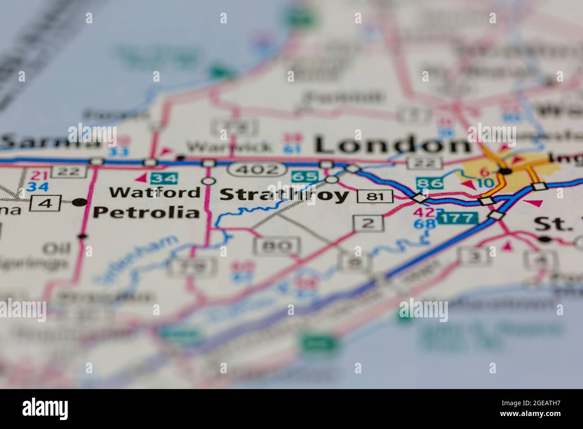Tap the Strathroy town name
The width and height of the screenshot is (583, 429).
click(284, 195)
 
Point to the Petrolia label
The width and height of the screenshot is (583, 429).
click(146, 212)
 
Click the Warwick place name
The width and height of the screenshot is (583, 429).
click(229, 146)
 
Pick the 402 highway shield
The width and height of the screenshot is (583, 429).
click(256, 170)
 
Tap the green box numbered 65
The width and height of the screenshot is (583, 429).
click(305, 177)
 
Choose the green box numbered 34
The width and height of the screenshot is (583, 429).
click(163, 179)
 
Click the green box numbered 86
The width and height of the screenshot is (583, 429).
click(429, 183)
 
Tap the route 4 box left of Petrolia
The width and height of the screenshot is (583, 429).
click(45, 203)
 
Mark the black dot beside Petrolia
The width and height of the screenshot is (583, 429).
click(80, 202)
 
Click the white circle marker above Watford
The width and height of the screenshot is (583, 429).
click(208, 181)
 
